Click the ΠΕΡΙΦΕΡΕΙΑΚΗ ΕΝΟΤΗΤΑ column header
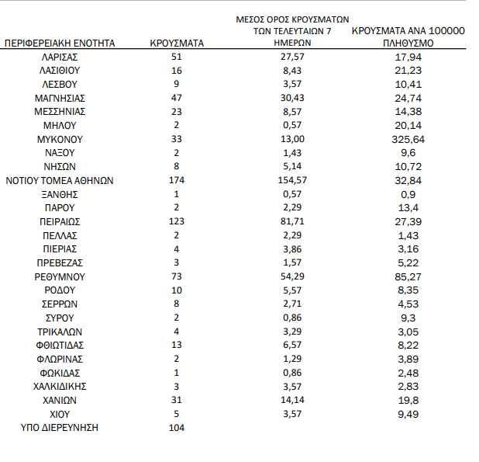tap(60, 43)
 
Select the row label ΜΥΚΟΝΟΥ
tap(60, 139)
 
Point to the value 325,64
tap(408, 139)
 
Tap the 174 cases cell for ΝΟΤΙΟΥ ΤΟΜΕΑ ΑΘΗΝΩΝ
tap(176, 180)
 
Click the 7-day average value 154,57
tap(292, 180)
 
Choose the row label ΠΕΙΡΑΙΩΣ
tap(60, 221)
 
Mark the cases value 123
tap(176, 221)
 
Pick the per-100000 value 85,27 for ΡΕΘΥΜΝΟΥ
tap(408, 276)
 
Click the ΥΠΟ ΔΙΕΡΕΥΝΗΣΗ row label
tap(60, 428)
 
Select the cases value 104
tap(176, 428)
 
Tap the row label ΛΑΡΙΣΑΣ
tap(60, 57)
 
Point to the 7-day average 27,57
tap(292, 57)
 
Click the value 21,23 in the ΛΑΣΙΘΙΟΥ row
tap(408, 70)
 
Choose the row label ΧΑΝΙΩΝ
tap(60, 400)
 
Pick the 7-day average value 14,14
tap(292, 400)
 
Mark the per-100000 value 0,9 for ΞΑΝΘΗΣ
tap(408, 194)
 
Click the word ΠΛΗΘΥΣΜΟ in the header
tap(408, 44)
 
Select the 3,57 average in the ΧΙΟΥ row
tap(292, 414)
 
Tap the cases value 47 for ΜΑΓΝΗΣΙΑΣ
tap(176, 98)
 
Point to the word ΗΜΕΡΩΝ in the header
tap(292, 44)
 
